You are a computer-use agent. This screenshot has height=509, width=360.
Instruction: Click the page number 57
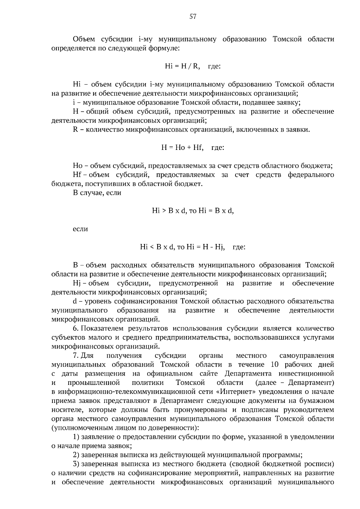193,17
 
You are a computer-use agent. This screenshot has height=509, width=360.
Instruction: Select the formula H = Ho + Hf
182,147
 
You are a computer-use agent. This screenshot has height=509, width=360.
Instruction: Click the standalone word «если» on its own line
80,229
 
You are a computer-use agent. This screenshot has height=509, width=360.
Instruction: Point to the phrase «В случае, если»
97,193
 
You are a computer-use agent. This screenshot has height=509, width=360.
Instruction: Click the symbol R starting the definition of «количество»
75,129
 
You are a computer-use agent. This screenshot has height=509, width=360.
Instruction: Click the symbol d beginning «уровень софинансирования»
75,301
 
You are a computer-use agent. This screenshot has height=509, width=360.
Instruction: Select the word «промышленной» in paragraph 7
94,383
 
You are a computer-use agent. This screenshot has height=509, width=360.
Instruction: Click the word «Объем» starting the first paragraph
84,39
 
